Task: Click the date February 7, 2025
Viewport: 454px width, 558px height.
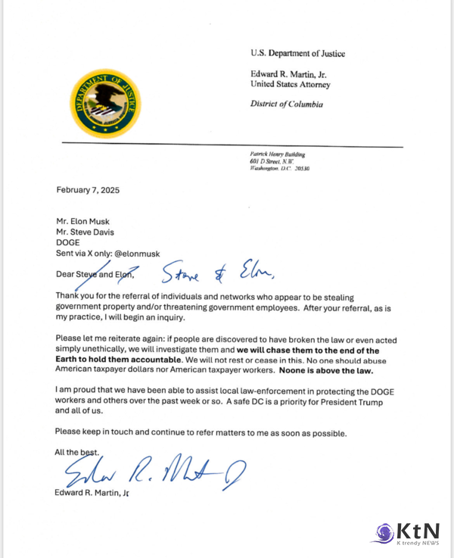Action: tap(88, 190)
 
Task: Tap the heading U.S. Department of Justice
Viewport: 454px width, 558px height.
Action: tap(297, 53)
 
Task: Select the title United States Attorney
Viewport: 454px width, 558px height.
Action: tap(291, 84)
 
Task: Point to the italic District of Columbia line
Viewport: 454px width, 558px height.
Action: tap(287, 104)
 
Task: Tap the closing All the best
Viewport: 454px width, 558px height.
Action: tap(76, 452)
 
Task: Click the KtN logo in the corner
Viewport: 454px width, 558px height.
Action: tap(405, 532)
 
